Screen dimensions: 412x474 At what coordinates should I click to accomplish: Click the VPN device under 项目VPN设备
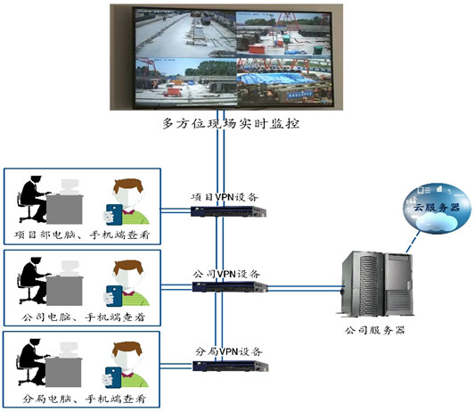coord(230,212)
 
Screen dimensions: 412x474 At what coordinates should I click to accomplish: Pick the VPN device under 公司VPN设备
coord(230,288)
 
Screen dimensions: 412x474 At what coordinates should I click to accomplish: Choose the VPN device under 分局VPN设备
coord(230,367)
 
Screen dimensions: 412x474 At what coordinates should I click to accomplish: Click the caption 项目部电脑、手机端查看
coord(82,235)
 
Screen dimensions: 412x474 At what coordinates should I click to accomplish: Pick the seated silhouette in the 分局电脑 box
coord(33,362)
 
